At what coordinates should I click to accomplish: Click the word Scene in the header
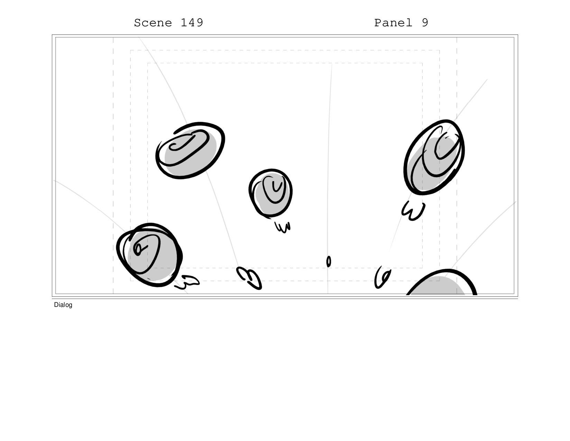pos(153,23)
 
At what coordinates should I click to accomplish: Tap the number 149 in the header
pos(192,23)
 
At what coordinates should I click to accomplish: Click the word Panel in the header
pos(393,23)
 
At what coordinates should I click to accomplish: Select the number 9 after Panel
pos(425,23)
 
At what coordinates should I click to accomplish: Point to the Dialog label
pos(63,305)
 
